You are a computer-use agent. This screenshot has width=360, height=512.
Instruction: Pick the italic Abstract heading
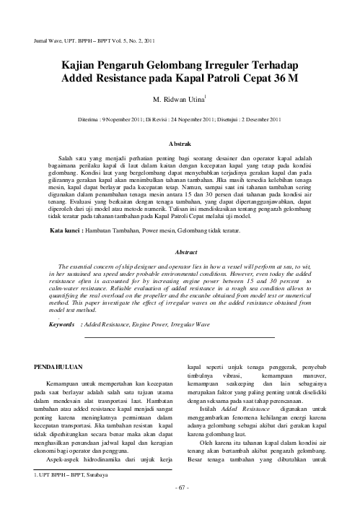180,253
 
